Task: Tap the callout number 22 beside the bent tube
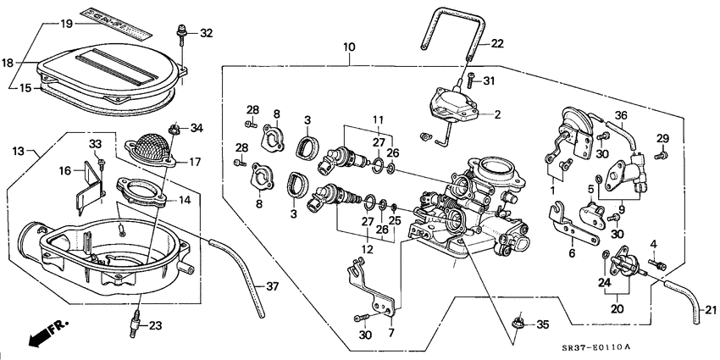(497, 43)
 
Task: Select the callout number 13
(19, 151)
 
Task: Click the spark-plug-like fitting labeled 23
(133, 323)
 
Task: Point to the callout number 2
(497, 114)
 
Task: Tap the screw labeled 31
(469, 81)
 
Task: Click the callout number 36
(621, 116)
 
